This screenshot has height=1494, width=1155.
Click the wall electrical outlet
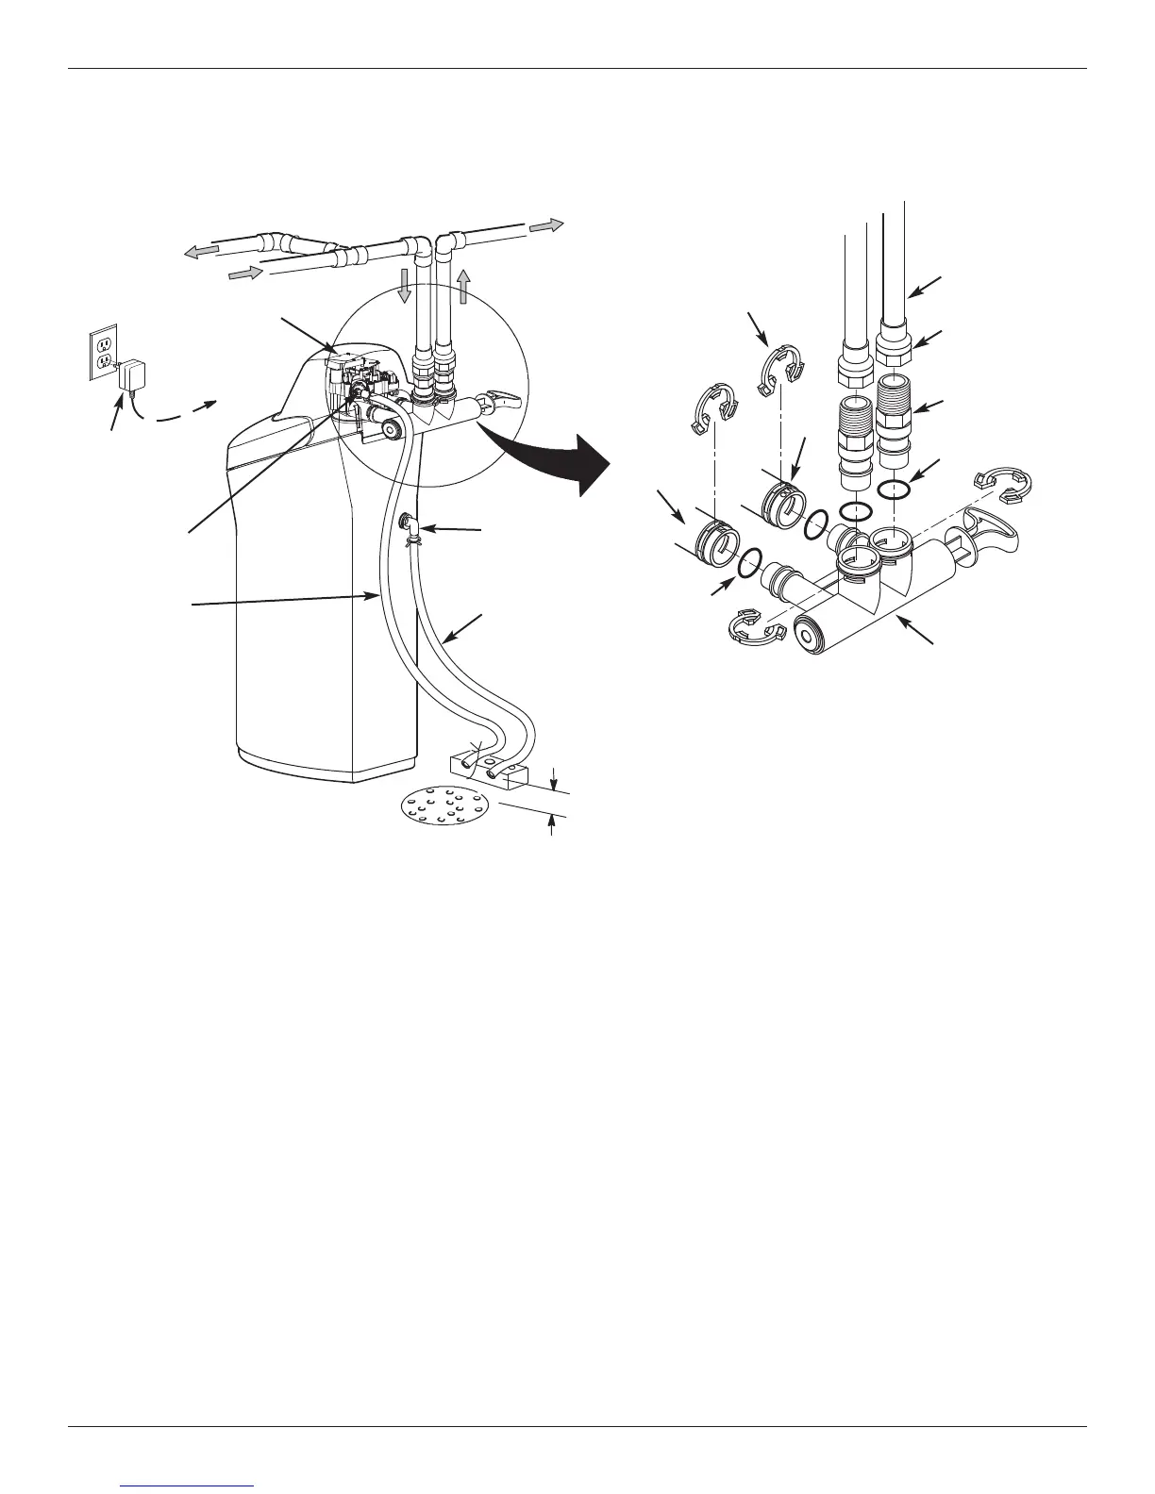pyautogui.click(x=102, y=354)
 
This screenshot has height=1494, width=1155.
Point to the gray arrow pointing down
pyautogui.click(x=404, y=284)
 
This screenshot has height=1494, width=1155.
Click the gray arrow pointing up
pyautogui.click(x=463, y=284)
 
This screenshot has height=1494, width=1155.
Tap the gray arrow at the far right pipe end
pyautogui.click(x=546, y=225)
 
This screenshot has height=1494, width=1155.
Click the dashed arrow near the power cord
pyautogui.click(x=184, y=413)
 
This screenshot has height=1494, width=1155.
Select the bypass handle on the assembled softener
pyautogui.click(x=503, y=399)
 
